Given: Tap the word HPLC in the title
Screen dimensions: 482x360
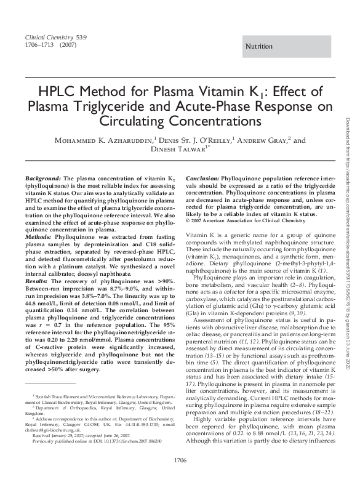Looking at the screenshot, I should [x=58, y=92].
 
